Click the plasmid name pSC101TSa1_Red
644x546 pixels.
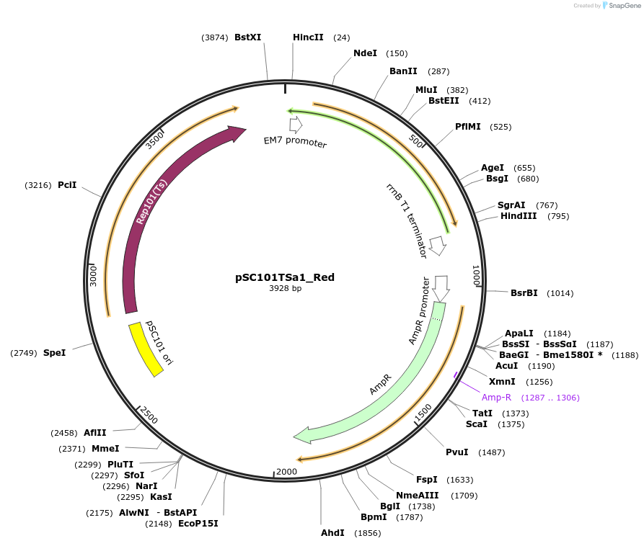285,277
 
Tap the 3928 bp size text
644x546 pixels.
285,289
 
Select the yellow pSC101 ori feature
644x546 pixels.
146,349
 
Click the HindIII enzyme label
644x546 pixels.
519,216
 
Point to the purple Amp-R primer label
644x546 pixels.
496,398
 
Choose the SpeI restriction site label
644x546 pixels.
54,353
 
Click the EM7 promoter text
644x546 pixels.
295,143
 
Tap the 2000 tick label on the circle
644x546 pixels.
286,472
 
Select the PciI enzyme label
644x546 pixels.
67,185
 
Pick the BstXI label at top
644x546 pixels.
248,37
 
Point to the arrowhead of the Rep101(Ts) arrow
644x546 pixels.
237,133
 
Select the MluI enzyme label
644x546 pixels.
426,90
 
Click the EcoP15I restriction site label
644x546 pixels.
198,524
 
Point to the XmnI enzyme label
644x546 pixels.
502,382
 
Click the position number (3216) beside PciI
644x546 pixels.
38,185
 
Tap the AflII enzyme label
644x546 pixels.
95,433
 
